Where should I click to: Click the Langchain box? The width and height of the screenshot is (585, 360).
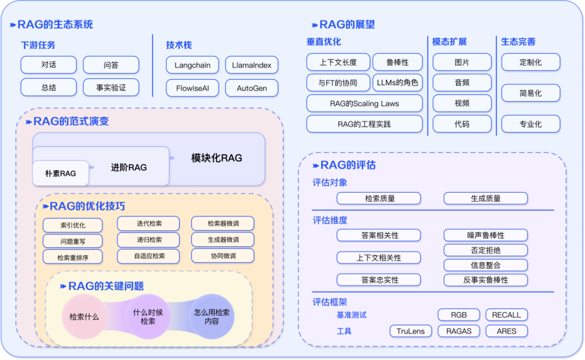[192, 65]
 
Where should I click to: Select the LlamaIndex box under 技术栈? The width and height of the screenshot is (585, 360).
[251, 65]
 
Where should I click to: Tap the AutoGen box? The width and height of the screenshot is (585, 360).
[251, 88]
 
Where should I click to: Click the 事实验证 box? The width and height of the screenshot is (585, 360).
[111, 87]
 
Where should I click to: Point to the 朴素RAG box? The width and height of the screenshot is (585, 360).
[61, 173]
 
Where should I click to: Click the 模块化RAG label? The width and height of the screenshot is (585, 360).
[217, 158]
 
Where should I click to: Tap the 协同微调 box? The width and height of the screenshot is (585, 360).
[222, 256]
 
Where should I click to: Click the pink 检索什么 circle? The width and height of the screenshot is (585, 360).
[84, 317]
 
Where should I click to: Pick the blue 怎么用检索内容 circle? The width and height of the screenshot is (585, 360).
[212, 317]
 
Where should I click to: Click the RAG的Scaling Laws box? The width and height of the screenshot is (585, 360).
[364, 103]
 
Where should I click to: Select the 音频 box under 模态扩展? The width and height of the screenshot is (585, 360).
[462, 83]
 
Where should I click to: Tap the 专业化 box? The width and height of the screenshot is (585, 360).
[530, 124]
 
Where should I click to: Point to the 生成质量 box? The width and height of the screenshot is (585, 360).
[485, 199]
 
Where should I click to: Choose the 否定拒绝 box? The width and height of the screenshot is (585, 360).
[485, 250]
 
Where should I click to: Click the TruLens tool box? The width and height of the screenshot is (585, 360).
[411, 331]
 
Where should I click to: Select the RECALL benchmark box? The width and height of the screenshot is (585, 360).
[506, 315]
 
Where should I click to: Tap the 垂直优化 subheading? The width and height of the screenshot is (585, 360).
[324, 42]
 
